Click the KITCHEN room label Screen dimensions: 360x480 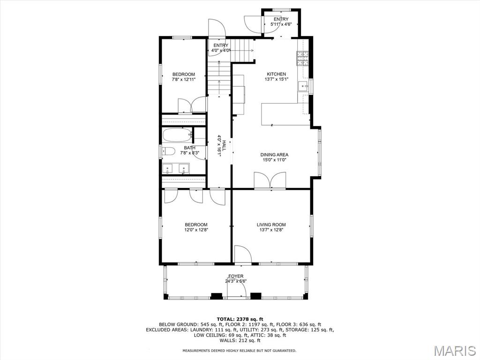click(x=276, y=74)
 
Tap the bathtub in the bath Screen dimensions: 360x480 click(x=177, y=135)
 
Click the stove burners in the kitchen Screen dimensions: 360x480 click(x=301, y=58)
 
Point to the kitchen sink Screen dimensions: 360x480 click(x=304, y=86)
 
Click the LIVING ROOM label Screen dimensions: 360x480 click(x=271, y=225)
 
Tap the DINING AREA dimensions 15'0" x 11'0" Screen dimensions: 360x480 click(x=274, y=160)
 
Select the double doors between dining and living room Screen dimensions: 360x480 click(x=270, y=180)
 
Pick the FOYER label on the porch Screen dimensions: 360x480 click(x=236, y=276)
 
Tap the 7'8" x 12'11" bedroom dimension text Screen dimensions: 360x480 click(x=183, y=80)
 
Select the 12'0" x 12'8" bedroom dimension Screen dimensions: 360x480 click(x=196, y=230)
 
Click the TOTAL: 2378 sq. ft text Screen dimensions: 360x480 click(x=240, y=319)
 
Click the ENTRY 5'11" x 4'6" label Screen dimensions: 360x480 click(x=281, y=22)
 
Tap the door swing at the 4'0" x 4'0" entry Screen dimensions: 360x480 click(x=217, y=28)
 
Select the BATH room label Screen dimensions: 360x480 click(x=176, y=148)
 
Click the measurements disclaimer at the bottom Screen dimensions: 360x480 click(x=239, y=351)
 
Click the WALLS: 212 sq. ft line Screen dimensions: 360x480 click(x=240, y=340)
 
